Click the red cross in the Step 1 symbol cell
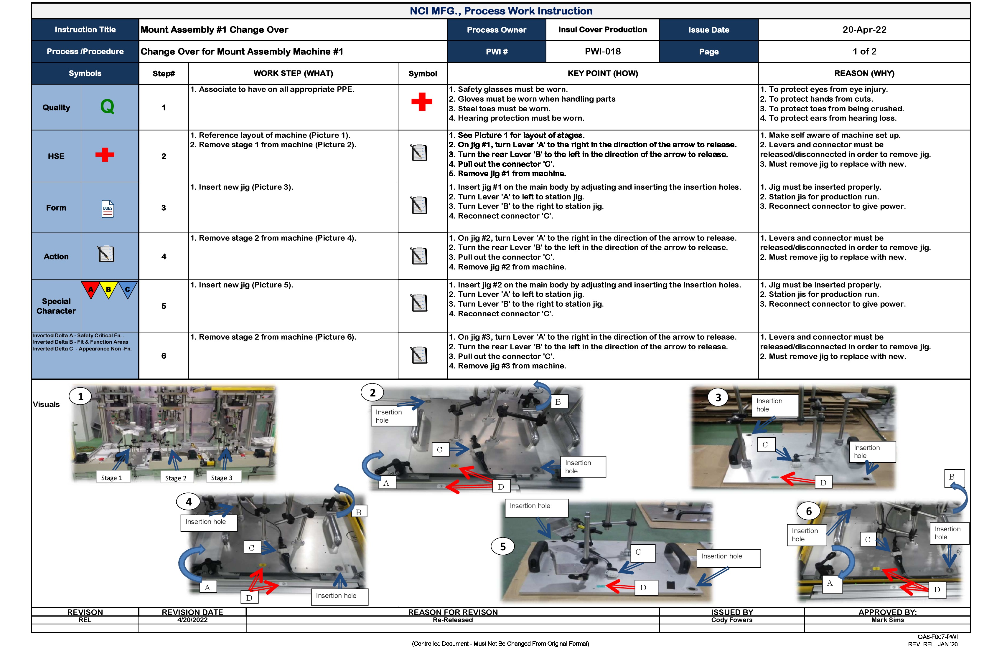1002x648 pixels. click(x=421, y=102)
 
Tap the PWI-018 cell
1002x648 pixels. click(x=602, y=51)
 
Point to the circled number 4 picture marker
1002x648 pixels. click(x=189, y=502)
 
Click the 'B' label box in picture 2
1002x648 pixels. click(x=558, y=402)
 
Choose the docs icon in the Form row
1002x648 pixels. click(x=108, y=209)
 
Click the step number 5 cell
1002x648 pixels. click(x=164, y=306)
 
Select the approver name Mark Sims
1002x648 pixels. click(x=887, y=620)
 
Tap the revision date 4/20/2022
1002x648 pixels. click(x=192, y=620)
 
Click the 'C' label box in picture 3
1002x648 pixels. click(x=765, y=444)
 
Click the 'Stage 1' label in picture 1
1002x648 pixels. click(x=112, y=477)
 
